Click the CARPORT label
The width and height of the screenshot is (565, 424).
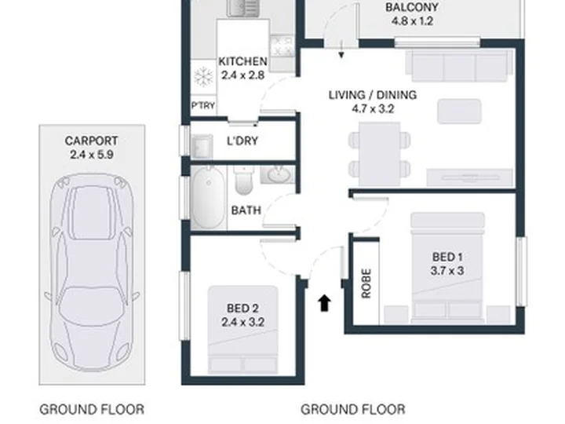pyautogui.click(x=92, y=141)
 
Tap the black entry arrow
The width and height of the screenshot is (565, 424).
pyautogui.click(x=324, y=303)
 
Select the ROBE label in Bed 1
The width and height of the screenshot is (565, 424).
pyautogui.click(x=366, y=283)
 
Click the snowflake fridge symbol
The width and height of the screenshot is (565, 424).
pyautogui.click(x=203, y=77)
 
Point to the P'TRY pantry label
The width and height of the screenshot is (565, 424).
pyautogui.click(x=203, y=106)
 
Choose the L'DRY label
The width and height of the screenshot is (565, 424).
pyautogui.click(x=242, y=141)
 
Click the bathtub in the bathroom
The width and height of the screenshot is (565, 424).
pyautogui.click(x=207, y=197)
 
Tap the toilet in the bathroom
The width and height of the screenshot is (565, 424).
pyautogui.click(x=243, y=181)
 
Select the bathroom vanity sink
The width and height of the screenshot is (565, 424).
pyautogui.click(x=278, y=175)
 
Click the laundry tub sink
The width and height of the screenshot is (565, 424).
pyautogui.click(x=202, y=147)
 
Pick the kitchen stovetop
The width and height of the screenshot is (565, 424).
pyautogui.click(x=282, y=46)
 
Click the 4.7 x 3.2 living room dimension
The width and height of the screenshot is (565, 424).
pyautogui.click(x=373, y=109)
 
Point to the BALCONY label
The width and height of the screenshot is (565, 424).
pyautogui.click(x=412, y=7)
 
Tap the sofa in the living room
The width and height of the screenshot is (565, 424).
pyautogui.click(x=459, y=66)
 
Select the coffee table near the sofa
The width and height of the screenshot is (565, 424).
pyautogui.click(x=459, y=111)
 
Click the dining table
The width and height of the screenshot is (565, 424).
pyautogui.click(x=380, y=154)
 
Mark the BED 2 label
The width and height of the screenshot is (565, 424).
pyautogui.click(x=242, y=309)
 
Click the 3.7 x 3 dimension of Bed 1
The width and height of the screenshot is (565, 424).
pyautogui.click(x=447, y=270)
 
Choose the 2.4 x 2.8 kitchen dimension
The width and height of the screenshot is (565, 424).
pyautogui.click(x=242, y=75)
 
